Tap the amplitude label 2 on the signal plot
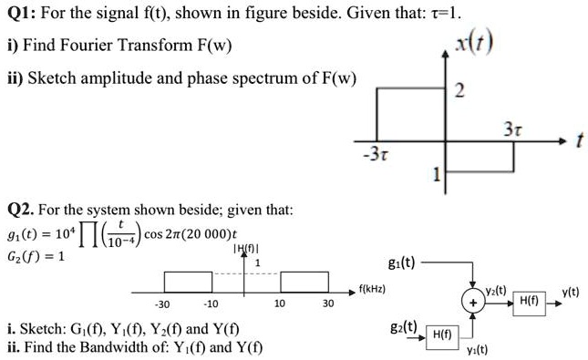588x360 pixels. (x=459, y=90)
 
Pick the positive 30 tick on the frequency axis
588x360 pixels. (x=327, y=303)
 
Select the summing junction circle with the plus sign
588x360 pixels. (x=473, y=298)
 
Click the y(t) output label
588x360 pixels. (x=571, y=292)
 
